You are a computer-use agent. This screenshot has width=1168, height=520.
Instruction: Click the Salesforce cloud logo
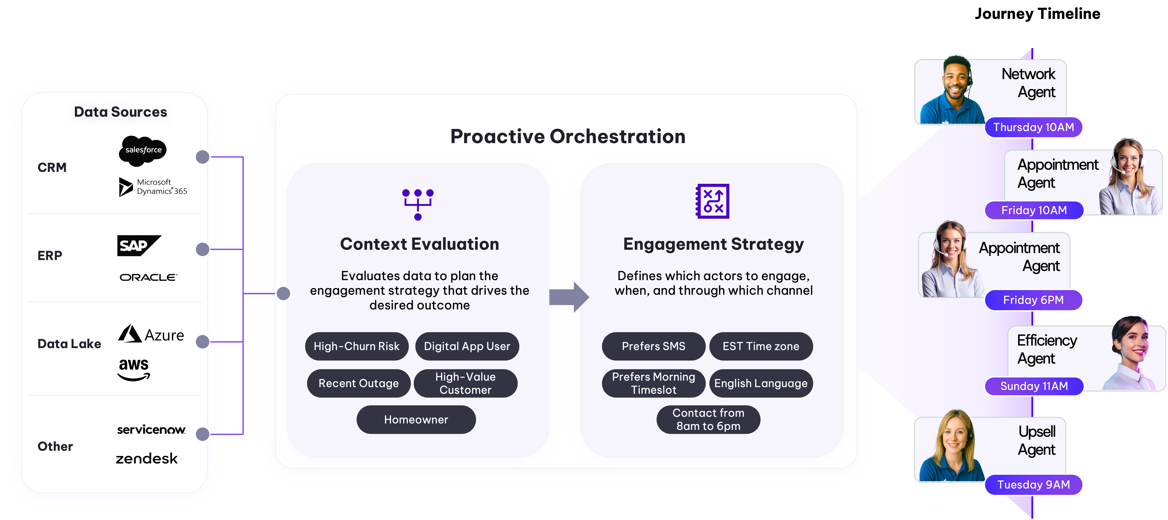143,150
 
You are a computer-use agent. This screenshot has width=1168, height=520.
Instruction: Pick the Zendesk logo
146,459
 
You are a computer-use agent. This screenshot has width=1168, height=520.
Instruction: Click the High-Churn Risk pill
356,346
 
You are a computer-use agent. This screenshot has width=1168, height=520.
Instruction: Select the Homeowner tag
416,420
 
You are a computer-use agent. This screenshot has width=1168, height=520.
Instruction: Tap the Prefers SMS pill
653,346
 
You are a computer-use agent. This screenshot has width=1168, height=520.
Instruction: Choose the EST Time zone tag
761,346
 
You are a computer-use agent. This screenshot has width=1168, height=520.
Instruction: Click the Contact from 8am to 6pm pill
708,420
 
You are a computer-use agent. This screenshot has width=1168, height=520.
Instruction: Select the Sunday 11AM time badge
1034,386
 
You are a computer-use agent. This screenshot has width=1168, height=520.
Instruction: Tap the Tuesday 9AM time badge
1034,485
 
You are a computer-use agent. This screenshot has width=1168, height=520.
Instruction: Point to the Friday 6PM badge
1034,300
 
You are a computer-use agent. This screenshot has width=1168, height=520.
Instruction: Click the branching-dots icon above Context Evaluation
418,204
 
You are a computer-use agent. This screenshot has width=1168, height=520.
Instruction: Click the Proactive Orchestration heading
568,137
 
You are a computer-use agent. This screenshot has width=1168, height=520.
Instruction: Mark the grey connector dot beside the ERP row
203,249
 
